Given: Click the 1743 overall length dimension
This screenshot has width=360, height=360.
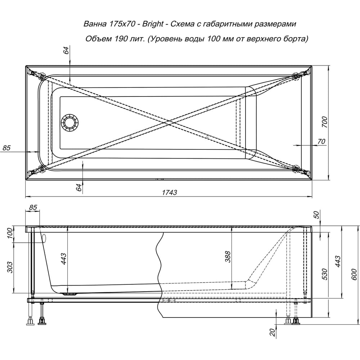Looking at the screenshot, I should point(169,193).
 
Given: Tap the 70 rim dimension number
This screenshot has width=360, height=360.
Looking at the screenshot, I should point(321,141).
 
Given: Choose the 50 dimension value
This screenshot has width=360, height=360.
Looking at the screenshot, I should point(316,215).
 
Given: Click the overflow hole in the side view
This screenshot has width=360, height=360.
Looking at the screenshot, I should point(44,238).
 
